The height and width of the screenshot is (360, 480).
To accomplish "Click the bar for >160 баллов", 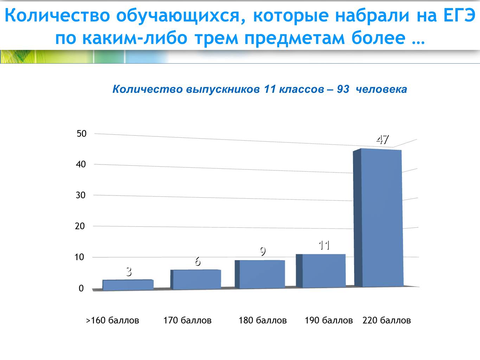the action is pyautogui.click(x=128, y=285).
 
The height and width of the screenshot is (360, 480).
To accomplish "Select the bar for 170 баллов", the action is pyautogui.click(x=196, y=279).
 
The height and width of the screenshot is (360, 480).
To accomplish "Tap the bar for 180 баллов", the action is pyautogui.click(x=260, y=274).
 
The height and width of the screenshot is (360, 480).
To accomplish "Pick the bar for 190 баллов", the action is pyautogui.click(x=321, y=271).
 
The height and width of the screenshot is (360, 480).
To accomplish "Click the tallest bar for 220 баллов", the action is pyautogui.click(x=378, y=218).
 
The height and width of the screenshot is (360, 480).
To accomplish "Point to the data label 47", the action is pyautogui.click(x=383, y=140).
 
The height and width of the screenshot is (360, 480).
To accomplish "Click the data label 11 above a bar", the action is pyautogui.click(x=324, y=245).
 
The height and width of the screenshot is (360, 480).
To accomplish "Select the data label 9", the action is pyautogui.click(x=263, y=251).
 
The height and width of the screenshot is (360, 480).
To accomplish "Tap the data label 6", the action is pyautogui.click(x=198, y=262).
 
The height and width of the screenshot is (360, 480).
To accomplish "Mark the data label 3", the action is pyautogui.click(x=129, y=272).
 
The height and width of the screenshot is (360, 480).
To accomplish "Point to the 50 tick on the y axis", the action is pyautogui.click(x=82, y=134).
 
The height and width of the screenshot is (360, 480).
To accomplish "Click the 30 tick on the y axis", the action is pyautogui.click(x=81, y=195).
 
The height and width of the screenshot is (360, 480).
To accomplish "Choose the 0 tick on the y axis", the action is pyautogui.click(x=81, y=288).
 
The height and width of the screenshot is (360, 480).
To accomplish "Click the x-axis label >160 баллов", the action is pyautogui.click(x=113, y=320).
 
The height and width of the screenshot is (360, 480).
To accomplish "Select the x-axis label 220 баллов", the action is pyautogui.click(x=386, y=320).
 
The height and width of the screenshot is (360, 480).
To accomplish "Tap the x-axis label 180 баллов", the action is pyautogui.click(x=262, y=320).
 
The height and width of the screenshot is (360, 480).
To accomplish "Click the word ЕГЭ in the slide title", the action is pyautogui.click(x=459, y=15).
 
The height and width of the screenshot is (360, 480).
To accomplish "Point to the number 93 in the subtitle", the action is pyautogui.click(x=343, y=89).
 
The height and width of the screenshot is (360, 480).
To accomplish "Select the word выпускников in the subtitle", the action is pyautogui.click(x=223, y=89).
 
